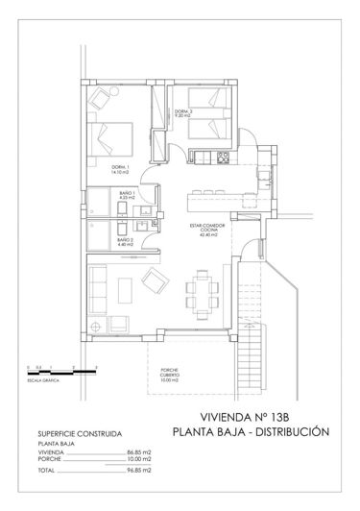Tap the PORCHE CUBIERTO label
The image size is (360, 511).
[170, 378]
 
